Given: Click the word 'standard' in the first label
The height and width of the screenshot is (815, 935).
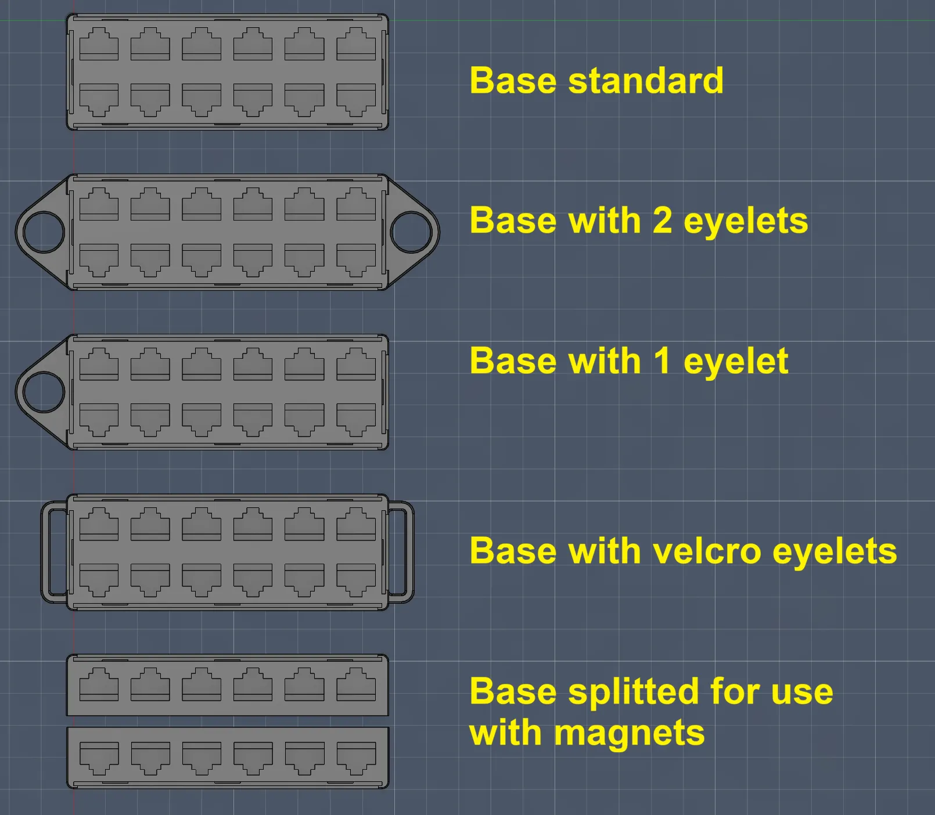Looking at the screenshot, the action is pos(646,80).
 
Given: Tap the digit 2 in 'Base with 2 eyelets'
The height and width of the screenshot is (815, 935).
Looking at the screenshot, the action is pos(662,221).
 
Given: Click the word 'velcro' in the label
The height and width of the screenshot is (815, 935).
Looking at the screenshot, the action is pos(707,551).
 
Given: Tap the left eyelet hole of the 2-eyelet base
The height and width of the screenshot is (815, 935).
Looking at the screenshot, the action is pos(43,232).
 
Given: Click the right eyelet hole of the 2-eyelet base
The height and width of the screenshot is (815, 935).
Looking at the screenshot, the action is pos(411,232).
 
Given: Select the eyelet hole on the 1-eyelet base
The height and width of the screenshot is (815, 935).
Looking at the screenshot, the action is pos(43,392).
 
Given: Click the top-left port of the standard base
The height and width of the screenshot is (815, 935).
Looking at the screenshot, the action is pos(99,44).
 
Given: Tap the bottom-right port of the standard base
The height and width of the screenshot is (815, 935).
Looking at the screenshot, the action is pos(356,100).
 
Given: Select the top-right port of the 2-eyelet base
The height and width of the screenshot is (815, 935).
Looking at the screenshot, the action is pos(356,204).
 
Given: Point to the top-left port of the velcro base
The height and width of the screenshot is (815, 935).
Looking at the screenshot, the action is pos(99,524).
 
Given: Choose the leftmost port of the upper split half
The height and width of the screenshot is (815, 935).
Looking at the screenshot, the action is pos(99,684).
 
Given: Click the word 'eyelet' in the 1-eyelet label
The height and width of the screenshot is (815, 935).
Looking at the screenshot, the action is pos(736,361).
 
